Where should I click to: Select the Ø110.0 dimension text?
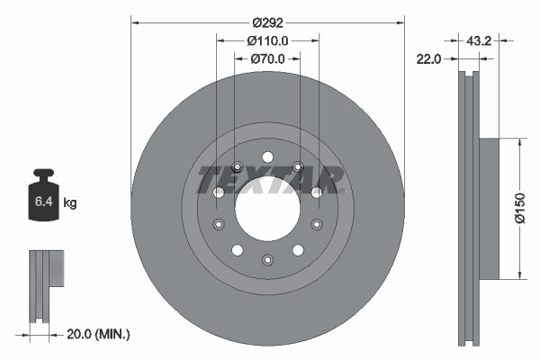[268, 40]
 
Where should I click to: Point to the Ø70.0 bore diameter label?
[267, 59]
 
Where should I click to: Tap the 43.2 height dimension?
[479, 40]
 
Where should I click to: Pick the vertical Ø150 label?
[531, 209]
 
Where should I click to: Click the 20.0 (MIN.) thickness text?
[100, 334]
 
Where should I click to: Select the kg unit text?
[70, 203]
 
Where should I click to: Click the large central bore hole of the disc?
[267, 208]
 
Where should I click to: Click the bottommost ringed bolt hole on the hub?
[267, 260]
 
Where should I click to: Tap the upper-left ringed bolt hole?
[237, 166]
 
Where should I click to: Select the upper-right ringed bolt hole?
[298, 166]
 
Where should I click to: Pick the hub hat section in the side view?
[495, 209]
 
